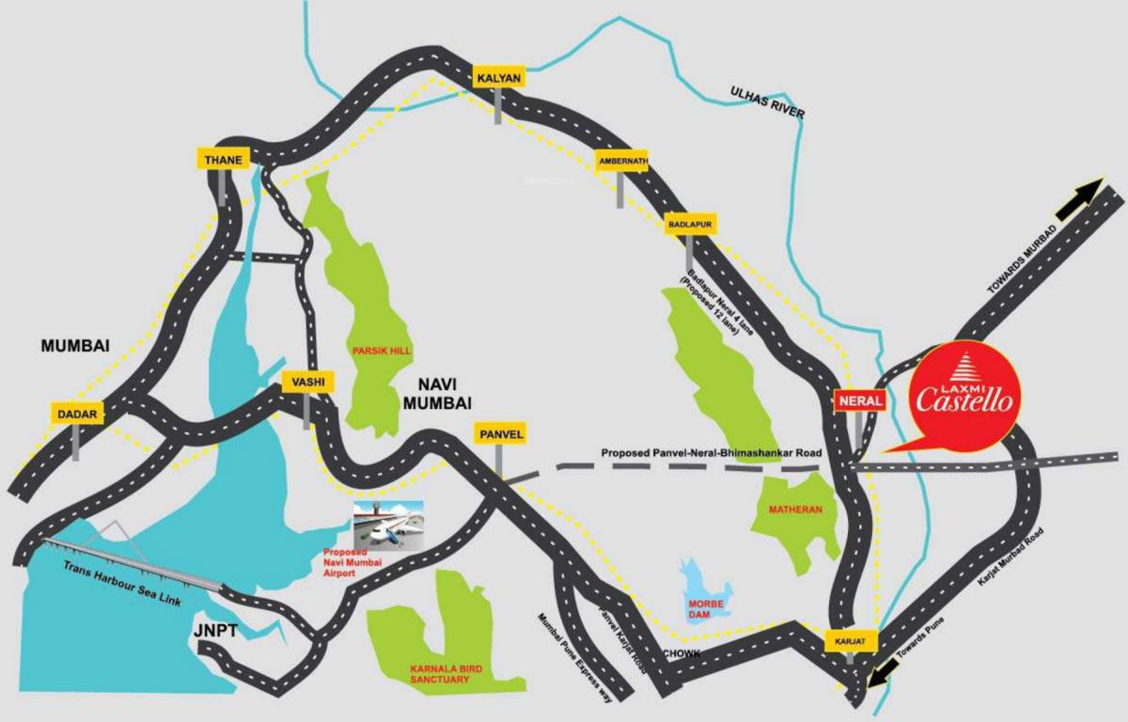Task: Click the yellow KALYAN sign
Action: pyautogui.click(x=498, y=78)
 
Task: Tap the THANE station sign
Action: pyautogui.click(x=223, y=160)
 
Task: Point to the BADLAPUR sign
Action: pyautogui.click(x=690, y=224)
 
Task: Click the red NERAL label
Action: pyautogui.click(x=859, y=400)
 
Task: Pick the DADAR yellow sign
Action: pyautogui.click(x=76, y=413)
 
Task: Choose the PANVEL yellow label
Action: pyautogui.click(x=499, y=433)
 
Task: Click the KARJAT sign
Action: pyautogui.click(x=850, y=641)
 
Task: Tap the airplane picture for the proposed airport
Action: pyautogui.click(x=387, y=524)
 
